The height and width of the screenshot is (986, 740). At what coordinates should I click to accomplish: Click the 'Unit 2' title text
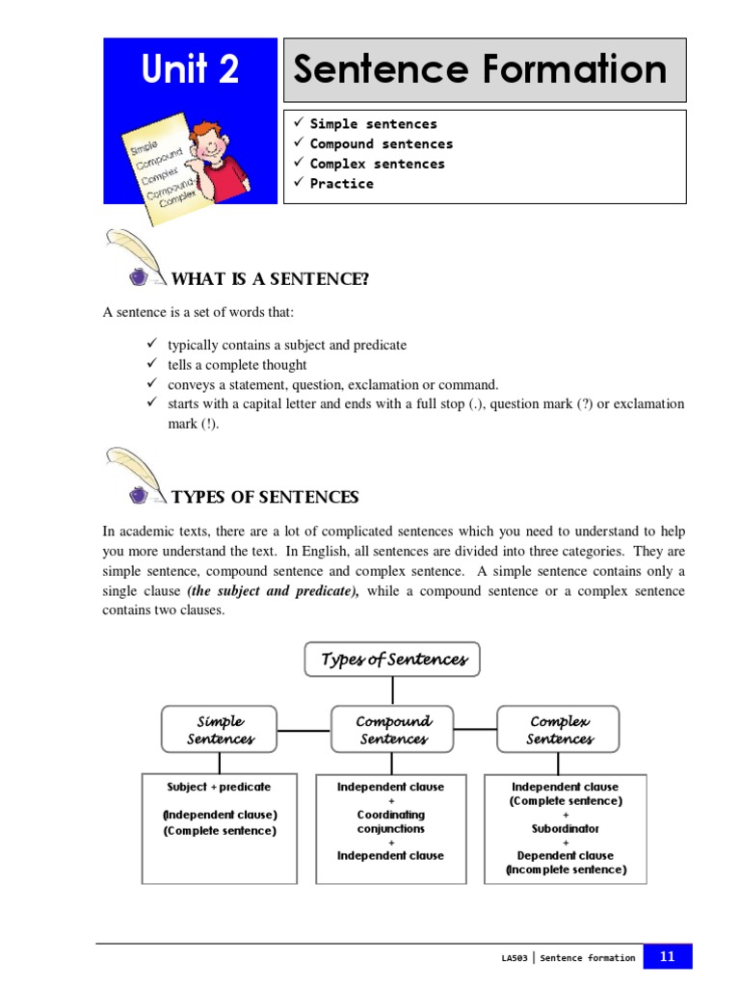click(190, 69)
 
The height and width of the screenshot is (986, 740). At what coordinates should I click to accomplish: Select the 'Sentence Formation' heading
click(480, 70)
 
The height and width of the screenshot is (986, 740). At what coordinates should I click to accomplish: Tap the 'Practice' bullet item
click(341, 184)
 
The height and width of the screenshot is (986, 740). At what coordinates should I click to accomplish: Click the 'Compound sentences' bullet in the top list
click(381, 143)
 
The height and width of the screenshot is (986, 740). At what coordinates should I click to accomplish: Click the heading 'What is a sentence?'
click(270, 279)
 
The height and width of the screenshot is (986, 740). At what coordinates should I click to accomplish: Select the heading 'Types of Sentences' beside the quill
click(265, 497)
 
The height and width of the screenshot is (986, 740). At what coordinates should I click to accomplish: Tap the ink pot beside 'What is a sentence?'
click(138, 277)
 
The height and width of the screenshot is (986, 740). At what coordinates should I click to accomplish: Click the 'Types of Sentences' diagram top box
click(392, 660)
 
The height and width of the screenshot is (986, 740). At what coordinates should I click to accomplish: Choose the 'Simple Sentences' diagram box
click(220, 730)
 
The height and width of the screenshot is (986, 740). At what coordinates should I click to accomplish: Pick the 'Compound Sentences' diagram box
click(392, 730)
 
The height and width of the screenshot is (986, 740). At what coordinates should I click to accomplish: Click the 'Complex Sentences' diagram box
click(559, 730)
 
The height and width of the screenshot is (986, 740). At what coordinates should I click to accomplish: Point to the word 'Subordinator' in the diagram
click(565, 828)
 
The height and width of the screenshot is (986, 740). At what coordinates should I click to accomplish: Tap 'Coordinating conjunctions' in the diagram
click(390, 821)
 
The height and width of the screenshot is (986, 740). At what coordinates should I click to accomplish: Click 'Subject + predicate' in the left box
click(219, 787)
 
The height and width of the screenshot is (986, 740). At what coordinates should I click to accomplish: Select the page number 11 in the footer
click(668, 956)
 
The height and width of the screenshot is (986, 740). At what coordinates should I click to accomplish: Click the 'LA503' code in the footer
click(515, 958)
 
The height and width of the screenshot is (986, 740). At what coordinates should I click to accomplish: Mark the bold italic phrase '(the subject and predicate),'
click(273, 591)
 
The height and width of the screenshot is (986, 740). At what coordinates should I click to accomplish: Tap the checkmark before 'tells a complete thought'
click(150, 364)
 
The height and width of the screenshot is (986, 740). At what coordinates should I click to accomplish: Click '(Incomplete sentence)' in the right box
click(566, 869)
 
